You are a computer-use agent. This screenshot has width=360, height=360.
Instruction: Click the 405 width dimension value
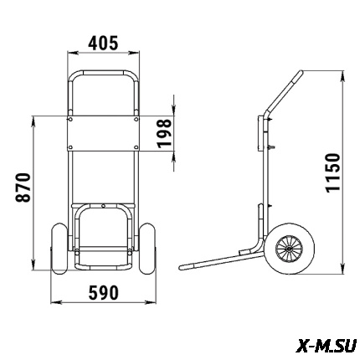(x=103, y=44)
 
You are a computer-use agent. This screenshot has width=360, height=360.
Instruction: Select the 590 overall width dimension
(x=104, y=292)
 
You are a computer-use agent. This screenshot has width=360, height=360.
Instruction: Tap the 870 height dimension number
(x=23, y=188)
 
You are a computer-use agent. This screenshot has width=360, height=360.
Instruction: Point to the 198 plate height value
(x=164, y=133)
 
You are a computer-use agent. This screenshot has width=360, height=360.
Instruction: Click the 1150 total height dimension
(x=333, y=172)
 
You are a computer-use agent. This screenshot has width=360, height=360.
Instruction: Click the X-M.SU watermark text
(x=326, y=346)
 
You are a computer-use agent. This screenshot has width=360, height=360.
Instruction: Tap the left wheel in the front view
(x=59, y=249)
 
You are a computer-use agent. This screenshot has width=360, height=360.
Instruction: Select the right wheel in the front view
(x=147, y=249)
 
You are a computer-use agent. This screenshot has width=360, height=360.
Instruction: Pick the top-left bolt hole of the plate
(x=70, y=120)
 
